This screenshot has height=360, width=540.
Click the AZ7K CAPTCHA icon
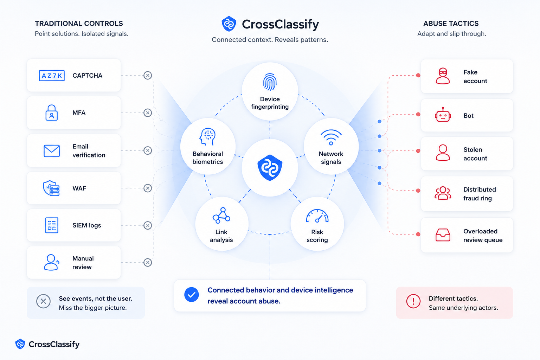tap(52, 76)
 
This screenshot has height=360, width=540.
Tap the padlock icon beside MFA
tap(52, 112)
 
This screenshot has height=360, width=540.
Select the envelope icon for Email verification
tap(52, 151)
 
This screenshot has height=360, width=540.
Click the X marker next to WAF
tap(148, 188)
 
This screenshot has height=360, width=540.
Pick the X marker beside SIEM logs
tap(148, 225)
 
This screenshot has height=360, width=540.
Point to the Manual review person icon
tap(51, 262)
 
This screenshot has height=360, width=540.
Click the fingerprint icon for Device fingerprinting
tap(270, 82)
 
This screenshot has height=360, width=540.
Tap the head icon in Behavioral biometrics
tap(207, 137)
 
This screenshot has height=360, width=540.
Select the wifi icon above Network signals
tap(331, 137)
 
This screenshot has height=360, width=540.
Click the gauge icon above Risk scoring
tap(317, 216)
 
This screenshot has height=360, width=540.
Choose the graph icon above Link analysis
tap(221, 215)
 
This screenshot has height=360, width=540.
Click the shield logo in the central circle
tap(270, 168)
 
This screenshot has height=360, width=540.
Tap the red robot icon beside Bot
tap(443, 115)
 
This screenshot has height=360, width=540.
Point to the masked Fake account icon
tap(443, 76)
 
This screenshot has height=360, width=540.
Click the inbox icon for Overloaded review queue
tap(443, 235)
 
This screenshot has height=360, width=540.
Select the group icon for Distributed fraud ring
tap(443, 193)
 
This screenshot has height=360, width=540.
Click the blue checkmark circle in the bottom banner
tap(192, 294)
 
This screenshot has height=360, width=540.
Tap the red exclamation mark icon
tap(413, 301)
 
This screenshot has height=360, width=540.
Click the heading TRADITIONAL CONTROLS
tap(79, 24)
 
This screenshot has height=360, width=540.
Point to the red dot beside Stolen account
tap(418, 151)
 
